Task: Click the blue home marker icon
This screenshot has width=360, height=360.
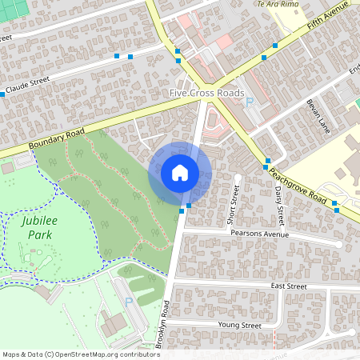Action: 180,172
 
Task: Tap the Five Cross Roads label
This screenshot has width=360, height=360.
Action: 206,94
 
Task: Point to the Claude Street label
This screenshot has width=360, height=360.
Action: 28,84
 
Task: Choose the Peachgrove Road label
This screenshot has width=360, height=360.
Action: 298,186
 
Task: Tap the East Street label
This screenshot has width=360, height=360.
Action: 289,286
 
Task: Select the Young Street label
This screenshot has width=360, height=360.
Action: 239,326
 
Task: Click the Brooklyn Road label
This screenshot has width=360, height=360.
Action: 163,325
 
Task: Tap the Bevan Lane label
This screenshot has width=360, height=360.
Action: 318,115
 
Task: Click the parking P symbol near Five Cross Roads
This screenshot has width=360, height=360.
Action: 249,102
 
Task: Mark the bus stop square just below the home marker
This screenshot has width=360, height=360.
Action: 189,206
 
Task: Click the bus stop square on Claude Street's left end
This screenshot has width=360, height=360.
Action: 2,94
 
